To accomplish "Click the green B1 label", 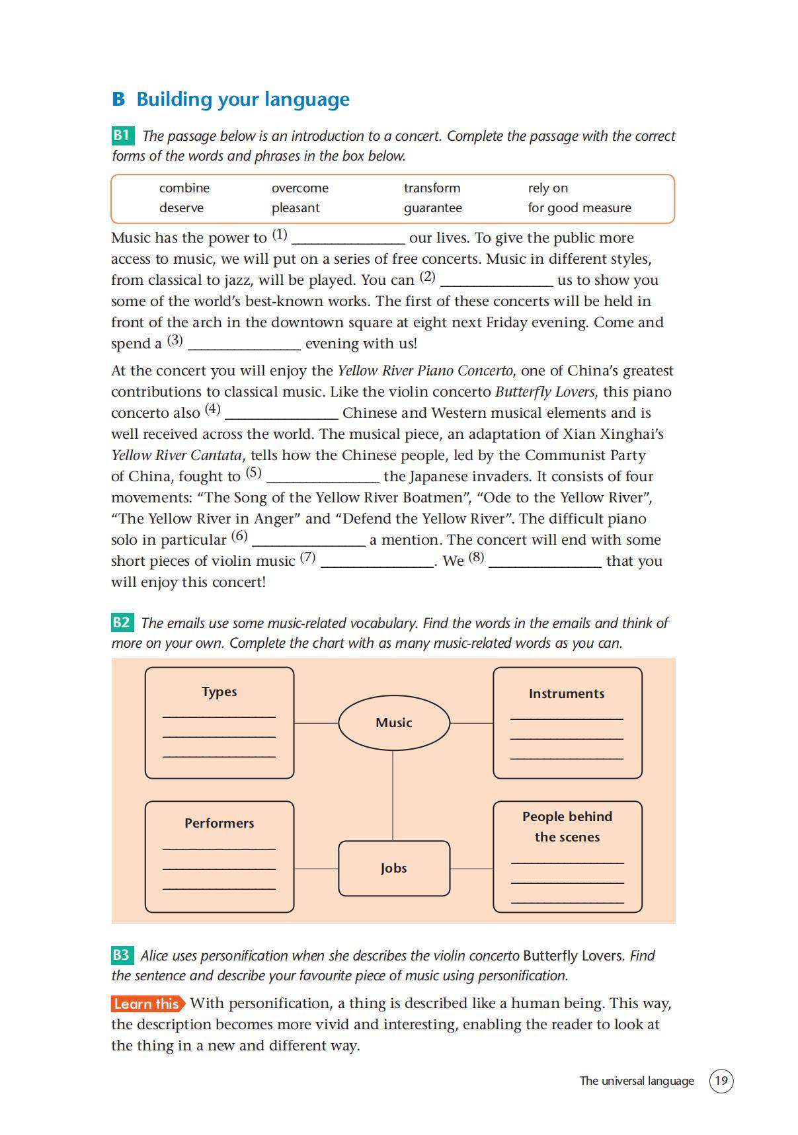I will pos(122,136).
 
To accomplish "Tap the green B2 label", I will pos(122,623).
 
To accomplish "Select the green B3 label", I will pos(122,955).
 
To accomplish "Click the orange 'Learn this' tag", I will pos(147,1003).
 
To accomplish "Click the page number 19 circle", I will pos(721,1081).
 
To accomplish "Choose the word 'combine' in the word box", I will pos(184,188).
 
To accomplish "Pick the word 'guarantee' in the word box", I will pos(432,208).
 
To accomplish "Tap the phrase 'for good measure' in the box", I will pos(579,208).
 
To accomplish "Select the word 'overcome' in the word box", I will pos(299,188).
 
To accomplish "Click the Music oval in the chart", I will pos(393,723).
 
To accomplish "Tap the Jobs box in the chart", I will pos(393,868).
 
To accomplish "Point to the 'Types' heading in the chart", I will pos(219,691).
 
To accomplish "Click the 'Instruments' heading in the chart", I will pos(567,693).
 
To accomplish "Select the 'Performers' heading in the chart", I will pos(219,823).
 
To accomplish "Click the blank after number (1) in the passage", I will pos(348,239).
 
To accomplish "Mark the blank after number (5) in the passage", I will pos(322,478).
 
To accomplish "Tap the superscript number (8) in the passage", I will pos(476,557).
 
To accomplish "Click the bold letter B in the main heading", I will pos(118,100).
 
